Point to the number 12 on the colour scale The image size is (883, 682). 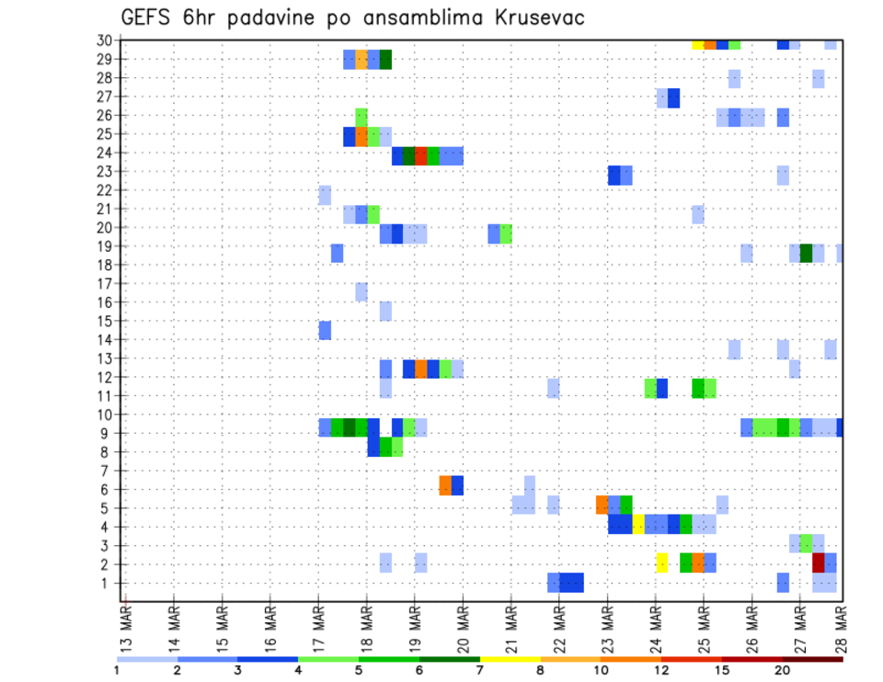[661, 670]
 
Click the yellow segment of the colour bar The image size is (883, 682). [510, 659]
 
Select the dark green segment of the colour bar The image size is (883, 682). [450, 659]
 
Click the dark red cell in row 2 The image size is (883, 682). [818, 563]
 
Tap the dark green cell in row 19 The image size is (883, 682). [806, 253]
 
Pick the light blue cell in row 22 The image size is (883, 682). [325, 195]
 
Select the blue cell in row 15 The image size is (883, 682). [325, 330]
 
